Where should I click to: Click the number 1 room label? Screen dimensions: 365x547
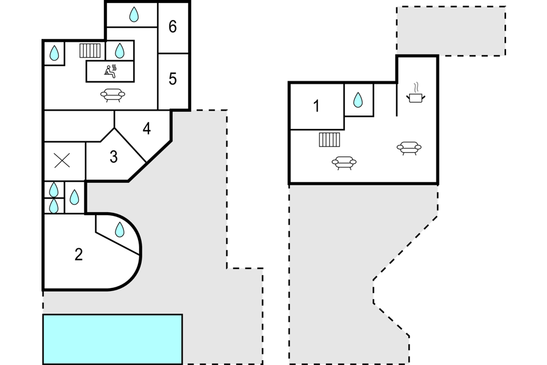pos(316,106)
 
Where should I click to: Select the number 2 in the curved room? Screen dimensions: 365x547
pos(78,254)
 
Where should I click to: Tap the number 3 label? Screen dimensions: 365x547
pos(114,157)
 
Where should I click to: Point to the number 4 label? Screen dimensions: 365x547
pos(147,129)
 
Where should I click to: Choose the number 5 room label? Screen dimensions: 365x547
pos(173,79)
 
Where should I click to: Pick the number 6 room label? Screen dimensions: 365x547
pos(173,27)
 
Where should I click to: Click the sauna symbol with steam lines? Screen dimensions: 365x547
pos(110,71)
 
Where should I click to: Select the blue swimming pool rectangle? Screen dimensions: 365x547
pos(112,339)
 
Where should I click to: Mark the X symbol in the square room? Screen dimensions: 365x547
pos(62,161)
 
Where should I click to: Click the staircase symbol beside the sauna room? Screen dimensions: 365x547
pos(90,50)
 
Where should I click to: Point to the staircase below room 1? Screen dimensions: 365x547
pos(329,140)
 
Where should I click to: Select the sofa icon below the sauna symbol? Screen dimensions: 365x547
pos(112,95)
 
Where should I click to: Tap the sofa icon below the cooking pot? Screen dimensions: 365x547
pos(409,147)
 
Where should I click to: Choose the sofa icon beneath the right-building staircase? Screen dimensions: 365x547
pos(344,163)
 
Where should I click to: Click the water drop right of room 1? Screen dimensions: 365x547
pos(358,100)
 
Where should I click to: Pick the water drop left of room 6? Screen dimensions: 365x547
pos(134,14)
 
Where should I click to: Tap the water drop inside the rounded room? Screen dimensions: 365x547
pos(120,229)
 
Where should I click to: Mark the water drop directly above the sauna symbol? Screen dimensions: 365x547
pos(120,50)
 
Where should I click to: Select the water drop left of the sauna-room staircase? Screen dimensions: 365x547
pos(54,53)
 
